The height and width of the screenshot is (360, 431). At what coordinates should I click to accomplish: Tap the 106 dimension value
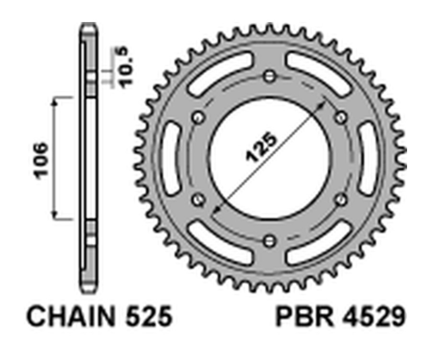point(41,160)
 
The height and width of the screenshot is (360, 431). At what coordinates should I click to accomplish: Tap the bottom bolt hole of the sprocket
point(270,240)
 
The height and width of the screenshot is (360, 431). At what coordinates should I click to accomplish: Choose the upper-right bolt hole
point(341,118)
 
